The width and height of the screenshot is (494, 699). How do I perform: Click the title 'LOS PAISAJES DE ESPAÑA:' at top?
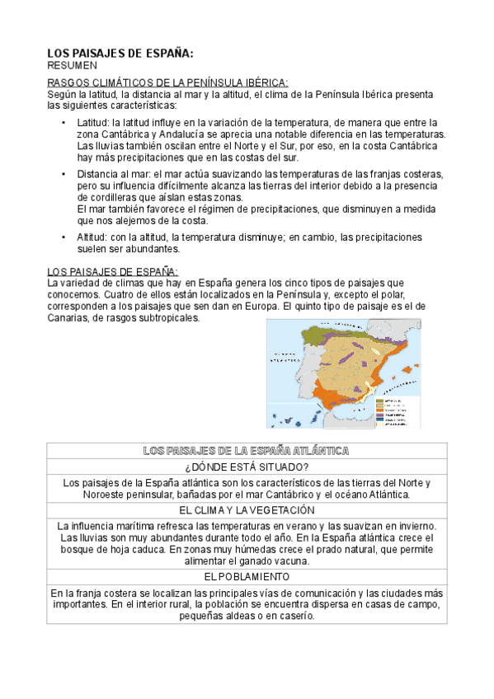120,53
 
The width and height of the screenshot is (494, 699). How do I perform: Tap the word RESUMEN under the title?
72,65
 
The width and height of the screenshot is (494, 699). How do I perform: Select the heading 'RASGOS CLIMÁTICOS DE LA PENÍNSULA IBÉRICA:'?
167,83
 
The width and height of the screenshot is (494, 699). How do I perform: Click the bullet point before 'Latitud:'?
64,123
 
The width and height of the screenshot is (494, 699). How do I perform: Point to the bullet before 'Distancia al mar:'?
64,175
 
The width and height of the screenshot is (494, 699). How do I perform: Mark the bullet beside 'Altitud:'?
64,237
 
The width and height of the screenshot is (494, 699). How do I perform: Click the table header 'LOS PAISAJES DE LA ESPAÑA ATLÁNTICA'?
247,451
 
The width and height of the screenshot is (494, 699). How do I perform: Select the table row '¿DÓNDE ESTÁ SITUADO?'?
247,467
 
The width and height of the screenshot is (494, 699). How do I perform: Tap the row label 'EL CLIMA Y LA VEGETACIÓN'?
247,510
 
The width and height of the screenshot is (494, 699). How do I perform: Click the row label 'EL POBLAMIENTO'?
247,576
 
